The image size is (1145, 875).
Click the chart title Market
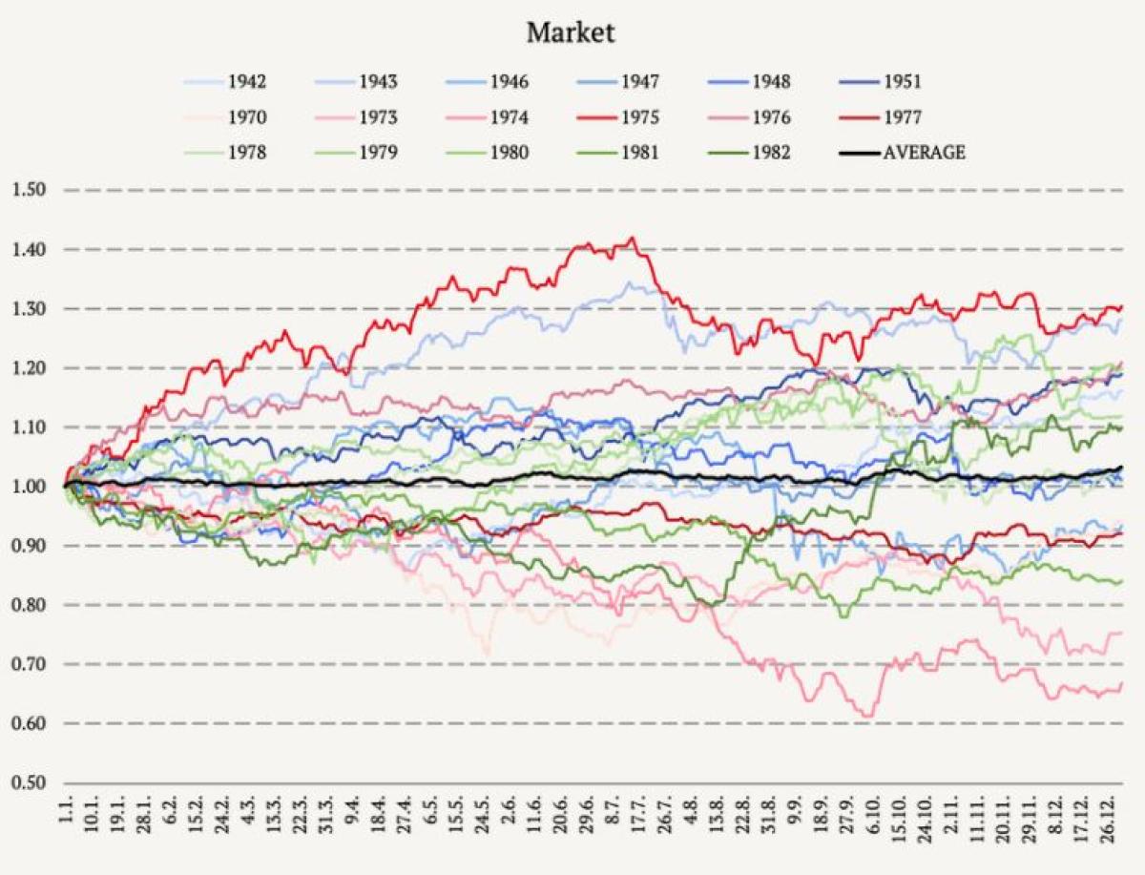pos(571,33)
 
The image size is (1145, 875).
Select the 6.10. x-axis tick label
pos(873,823)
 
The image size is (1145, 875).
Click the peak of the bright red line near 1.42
pos(632,239)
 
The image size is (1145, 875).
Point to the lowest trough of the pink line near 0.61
pos(867,716)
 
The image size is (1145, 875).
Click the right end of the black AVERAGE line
pos(1120,468)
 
